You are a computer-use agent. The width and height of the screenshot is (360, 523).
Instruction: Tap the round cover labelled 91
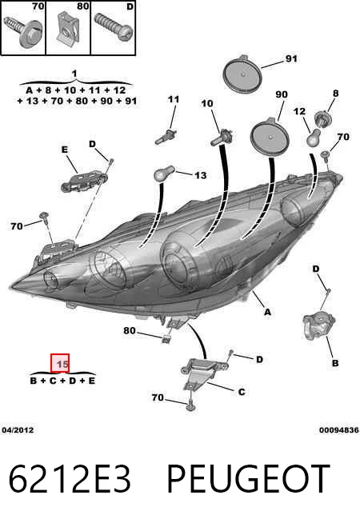click(242, 73)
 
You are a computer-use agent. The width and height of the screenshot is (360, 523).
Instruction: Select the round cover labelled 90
click(270, 137)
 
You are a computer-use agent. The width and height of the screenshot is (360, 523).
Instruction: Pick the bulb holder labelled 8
click(322, 119)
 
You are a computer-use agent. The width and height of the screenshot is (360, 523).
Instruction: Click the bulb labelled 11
click(166, 137)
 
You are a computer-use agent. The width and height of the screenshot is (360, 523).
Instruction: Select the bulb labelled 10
click(222, 138)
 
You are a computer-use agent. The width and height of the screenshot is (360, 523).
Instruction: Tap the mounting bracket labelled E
click(84, 181)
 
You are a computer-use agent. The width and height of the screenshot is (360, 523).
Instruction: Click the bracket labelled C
click(203, 372)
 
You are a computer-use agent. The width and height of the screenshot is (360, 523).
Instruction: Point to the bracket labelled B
click(318, 325)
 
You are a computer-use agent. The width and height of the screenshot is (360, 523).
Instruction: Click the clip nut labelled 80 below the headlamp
click(166, 338)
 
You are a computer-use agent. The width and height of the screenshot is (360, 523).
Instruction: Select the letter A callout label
click(267, 312)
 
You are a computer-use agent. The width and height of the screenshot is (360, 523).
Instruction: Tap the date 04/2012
click(18, 430)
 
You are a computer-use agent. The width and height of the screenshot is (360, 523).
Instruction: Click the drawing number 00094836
click(339, 430)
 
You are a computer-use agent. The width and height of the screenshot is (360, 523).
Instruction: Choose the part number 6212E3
click(70, 479)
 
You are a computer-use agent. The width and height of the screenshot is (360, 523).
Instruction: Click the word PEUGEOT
click(249, 479)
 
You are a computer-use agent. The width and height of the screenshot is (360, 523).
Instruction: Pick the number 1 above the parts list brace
click(74, 74)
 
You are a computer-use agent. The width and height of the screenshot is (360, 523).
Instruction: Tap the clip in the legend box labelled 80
click(69, 27)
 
